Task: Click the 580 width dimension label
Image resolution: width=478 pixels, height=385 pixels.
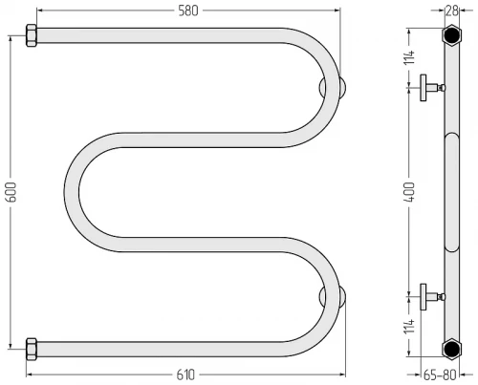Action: coord(188,11)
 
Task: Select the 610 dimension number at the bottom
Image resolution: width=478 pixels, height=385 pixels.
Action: coord(185,374)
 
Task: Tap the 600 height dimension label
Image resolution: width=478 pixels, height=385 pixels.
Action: coord(11,192)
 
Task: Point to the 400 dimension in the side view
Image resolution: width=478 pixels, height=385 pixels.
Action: coord(410,192)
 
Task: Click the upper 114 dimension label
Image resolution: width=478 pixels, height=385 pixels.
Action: coord(410,57)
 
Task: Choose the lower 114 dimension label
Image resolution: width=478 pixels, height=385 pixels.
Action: coord(410,326)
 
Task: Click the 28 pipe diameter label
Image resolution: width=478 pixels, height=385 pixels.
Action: coord(451,11)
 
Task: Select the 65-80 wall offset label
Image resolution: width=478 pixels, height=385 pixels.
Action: coord(440,375)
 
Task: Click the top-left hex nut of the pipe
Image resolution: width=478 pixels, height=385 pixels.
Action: coord(32,35)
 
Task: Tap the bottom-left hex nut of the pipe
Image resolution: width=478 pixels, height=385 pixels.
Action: coord(32,349)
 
